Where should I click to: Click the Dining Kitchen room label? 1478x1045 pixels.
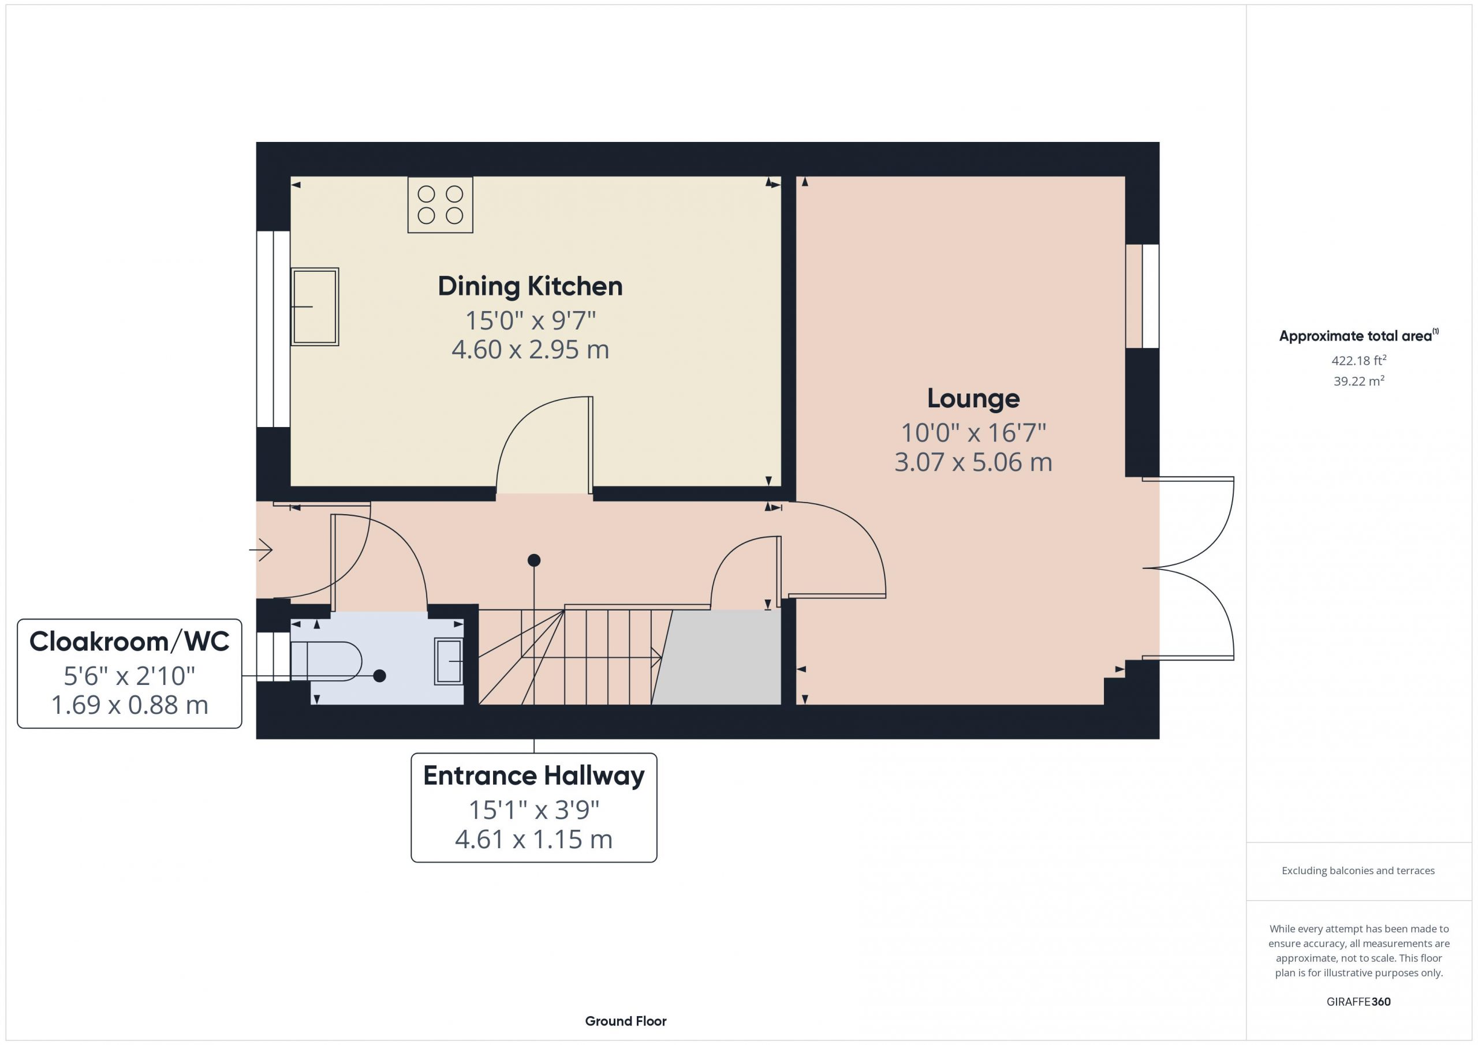pyautogui.click(x=530, y=287)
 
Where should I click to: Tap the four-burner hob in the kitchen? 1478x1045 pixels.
pyautogui.click(x=441, y=205)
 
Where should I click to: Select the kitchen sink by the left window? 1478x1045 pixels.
pyautogui.click(x=315, y=307)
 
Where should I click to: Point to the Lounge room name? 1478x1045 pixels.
pyautogui.click(x=973, y=399)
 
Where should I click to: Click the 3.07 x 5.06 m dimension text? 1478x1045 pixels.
pyautogui.click(x=973, y=462)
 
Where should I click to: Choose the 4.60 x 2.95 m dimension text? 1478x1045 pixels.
pyautogui.click(x=530, y=350)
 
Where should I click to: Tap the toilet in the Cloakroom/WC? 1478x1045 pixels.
pyautogui.click(x=326, y=661)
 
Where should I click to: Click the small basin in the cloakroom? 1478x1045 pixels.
pyautogui.click(x=449, y=661)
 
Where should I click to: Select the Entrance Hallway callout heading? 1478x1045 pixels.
pyautogui.click(x=533, y=777)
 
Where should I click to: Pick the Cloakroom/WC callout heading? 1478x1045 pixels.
pyautogui.click(x=129, y=642)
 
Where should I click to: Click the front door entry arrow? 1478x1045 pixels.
pyautogui.click(x=261, y=550)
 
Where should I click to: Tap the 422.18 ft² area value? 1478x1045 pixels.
pyautogui.click(x=1359, y=360)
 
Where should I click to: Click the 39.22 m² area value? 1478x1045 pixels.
pyautogui.click(x=1359, y=381)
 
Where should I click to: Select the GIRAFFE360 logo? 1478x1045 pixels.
pyautogui.click(x=1358, y=1002)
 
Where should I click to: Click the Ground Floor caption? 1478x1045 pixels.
pyautogui.click(x=626, y=1021)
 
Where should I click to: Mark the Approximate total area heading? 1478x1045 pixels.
pyautogui.click(x=1358, y=336)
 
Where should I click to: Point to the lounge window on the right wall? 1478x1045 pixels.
pyautogui.click(x=1143, y=296)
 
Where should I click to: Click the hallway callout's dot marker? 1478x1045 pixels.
pyautogui.click(x=533, y=560)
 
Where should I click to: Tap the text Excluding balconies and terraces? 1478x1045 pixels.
pyautogui.click(x=1358, y=871)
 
